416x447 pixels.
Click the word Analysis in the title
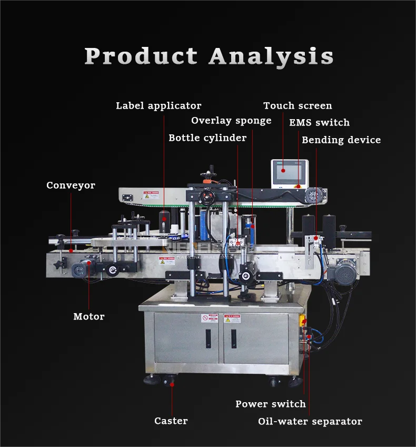click(x=271, y=56)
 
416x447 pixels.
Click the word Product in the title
click(x=141, y=56)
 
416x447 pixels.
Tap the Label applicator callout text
click(x=159, y=106)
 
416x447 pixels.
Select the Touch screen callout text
click(x=298, y=106)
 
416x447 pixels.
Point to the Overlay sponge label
click(x=231, y=121)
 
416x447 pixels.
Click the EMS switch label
click(x=319, y=123)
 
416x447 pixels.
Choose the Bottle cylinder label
click(x=207, y=138)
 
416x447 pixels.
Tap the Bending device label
click(x=341, y=140)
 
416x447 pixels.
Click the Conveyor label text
click(x=71, y=186)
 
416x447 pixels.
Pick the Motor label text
click(x=88, y=317)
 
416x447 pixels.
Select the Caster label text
click(x=171, y=421)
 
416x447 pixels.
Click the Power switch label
click(x=270, y=404)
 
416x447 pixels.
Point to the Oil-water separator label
click(x=310, y=422)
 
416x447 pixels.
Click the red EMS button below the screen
click(x=298, y=186)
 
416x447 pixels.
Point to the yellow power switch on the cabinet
click(x=304, y=320)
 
